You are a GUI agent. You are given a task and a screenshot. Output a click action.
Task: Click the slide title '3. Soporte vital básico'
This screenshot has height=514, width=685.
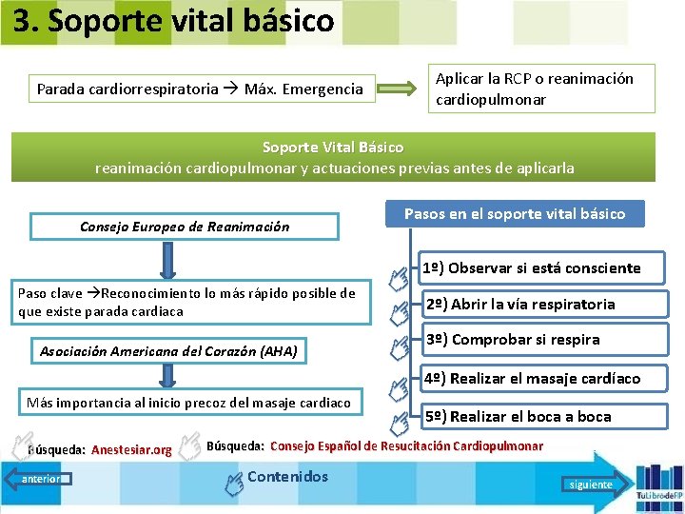point(174,21)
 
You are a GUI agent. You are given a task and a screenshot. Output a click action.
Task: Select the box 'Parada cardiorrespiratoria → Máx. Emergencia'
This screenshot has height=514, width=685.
point(201,89)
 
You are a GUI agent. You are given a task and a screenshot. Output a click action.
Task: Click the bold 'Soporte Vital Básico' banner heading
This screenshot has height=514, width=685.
point(333,148)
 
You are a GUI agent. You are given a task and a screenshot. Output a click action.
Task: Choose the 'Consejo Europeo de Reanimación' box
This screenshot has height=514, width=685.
point(185,227)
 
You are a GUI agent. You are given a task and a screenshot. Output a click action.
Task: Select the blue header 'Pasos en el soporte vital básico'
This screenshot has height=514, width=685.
point(515,213)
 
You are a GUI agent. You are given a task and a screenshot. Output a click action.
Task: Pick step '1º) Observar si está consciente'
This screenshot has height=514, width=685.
point(531,268)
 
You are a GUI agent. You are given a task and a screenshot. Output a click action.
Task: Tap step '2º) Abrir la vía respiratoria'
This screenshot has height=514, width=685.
point(519,305)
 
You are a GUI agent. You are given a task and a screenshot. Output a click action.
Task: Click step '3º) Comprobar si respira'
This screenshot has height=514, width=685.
point(512,340)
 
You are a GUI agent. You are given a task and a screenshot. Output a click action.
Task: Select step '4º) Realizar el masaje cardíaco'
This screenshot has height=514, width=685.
point(531,378)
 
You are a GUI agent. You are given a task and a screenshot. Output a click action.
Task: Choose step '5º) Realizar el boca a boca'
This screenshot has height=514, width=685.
point(517,416)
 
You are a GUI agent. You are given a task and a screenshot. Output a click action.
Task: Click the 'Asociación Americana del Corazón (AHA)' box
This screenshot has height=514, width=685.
point(168,352)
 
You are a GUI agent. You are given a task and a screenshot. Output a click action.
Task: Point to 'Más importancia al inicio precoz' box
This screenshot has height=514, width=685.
point(188,403)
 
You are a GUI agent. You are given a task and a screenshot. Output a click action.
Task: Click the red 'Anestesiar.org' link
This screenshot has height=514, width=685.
point(131,450)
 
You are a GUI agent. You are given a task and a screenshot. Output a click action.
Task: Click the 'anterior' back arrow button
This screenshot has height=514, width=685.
point(38,479)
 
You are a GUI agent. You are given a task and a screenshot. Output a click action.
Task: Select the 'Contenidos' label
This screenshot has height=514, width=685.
point(286,477)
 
